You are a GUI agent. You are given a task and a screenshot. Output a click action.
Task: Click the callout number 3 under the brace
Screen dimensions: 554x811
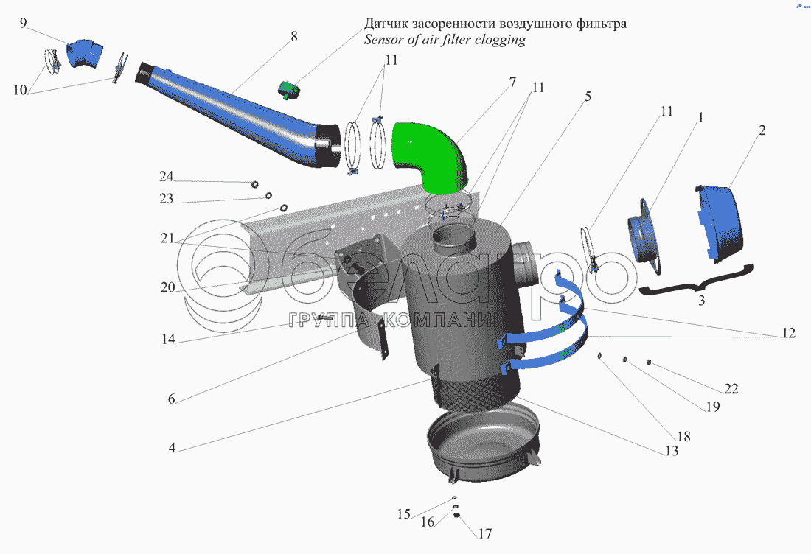click(702, 300)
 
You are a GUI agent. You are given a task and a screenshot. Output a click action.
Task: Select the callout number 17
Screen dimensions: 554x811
click(484, 533)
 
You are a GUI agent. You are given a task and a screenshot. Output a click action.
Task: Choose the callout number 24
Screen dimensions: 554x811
click(166, 177)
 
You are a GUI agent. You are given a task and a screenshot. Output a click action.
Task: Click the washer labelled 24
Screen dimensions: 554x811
click(254, 183)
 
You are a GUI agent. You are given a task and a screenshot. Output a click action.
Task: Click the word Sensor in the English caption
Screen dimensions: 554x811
click(384, 40)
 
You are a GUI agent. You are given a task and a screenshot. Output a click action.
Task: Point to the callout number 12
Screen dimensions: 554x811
click(787, 333)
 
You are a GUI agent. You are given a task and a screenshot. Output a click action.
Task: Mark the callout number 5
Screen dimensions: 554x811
click(588, 97)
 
